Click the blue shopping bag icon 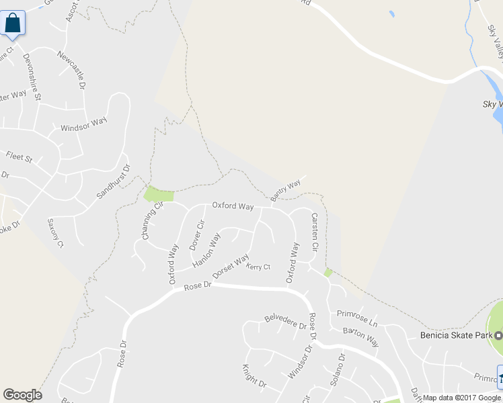click(13, 23)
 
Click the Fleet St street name click(19, 158)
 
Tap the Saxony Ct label click(55, 232)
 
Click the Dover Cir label click(196, 235)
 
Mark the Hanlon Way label click(206, 251)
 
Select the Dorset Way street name click(231, 266)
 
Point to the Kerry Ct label click(258, 267)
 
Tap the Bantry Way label click(285, 190)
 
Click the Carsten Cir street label click(313, 232)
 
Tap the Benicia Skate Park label click(455, 335)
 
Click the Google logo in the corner click(22, 395)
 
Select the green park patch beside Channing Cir click(159, 195)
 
